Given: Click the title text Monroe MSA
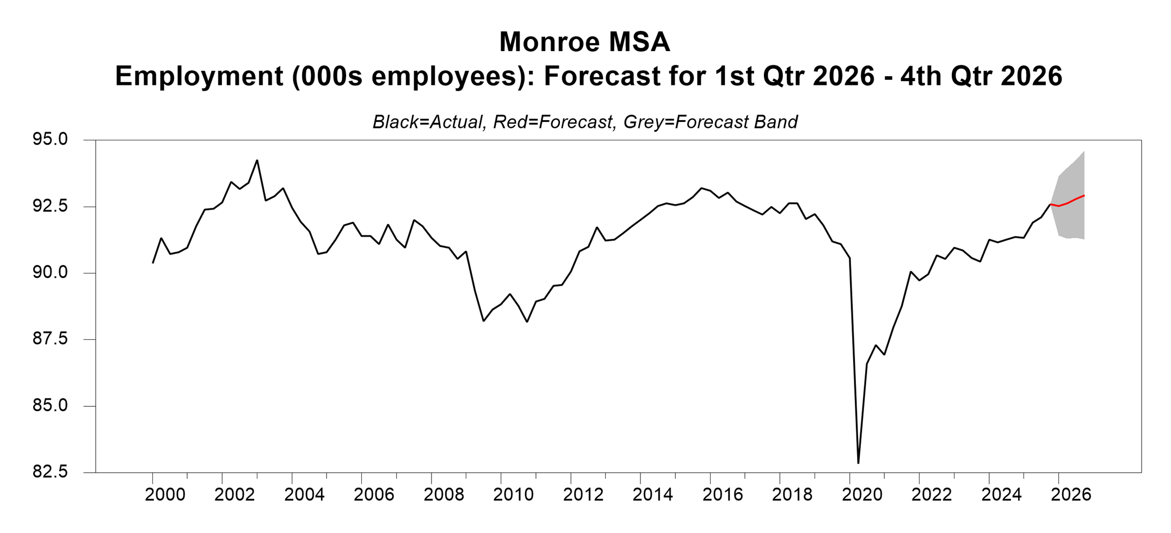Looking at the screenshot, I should click(584, 42).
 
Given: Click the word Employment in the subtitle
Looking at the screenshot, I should click(199, 76).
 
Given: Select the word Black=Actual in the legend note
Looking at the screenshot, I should click(428, 122).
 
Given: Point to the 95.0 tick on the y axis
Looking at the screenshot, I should click(50, 140).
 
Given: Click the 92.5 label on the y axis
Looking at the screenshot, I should click(50, 206).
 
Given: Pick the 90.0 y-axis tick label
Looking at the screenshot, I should click(50, 272).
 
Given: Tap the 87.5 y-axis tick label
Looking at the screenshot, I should click(50, 339).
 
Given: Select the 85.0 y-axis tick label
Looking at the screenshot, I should click(50, 406).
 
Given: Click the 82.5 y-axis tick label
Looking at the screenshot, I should click(50, 472).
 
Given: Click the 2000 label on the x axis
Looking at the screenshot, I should click(165, 495).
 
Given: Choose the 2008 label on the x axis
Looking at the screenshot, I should click(443, 495).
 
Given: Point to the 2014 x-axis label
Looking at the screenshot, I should click(652, 495).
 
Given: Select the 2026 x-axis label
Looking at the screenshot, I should click(1070, 495).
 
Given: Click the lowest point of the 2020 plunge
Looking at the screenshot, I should click(858, 463).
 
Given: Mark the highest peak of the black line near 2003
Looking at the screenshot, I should click(257, 160).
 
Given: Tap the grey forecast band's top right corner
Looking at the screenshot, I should click(1084, 152).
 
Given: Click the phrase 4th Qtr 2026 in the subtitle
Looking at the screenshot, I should click(981, 76).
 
